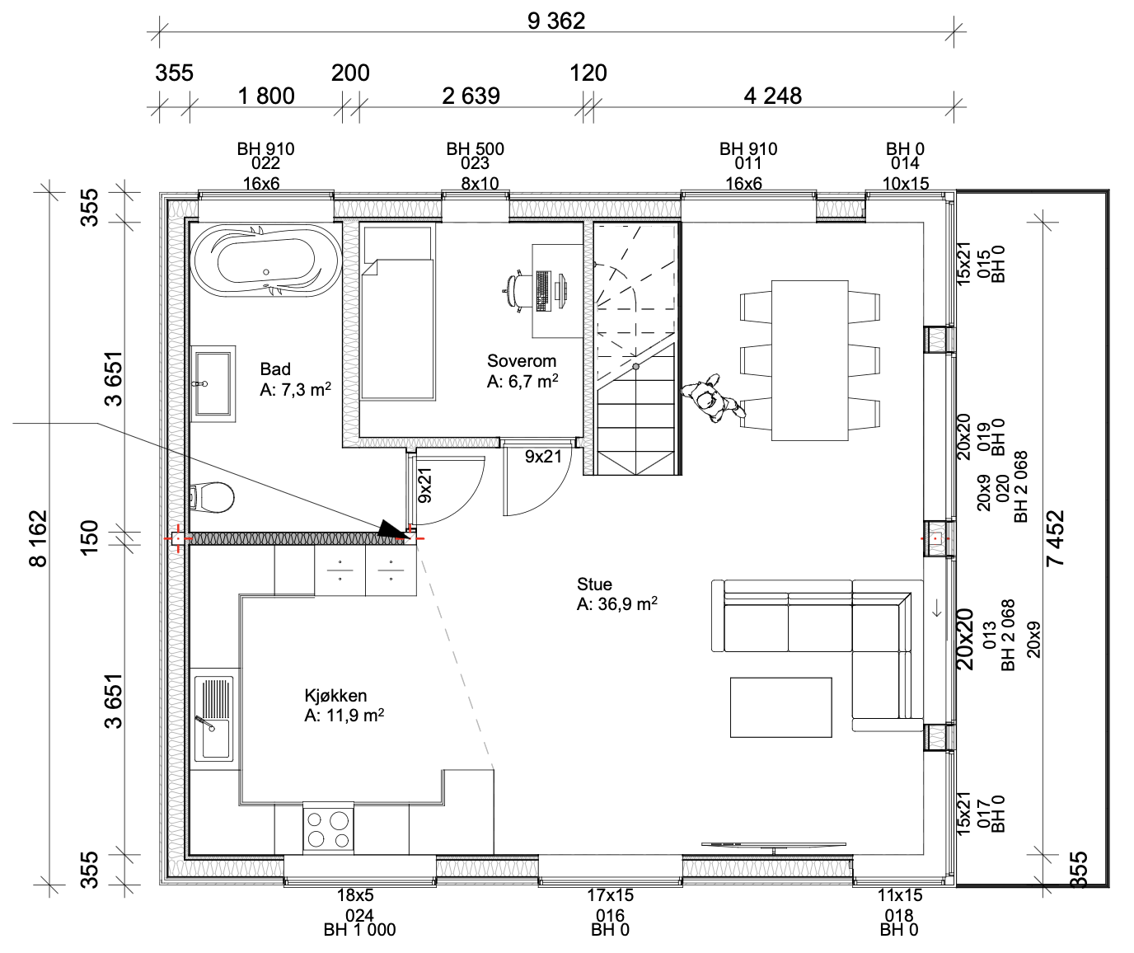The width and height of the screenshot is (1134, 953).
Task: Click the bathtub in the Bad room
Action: coord(265,261)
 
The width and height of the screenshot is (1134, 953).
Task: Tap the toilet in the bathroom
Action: coord(212,497)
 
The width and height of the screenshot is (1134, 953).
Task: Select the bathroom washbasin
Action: coord(213,383)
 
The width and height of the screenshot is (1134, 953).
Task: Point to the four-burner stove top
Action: coord(328,829)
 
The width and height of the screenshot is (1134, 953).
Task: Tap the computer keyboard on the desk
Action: coord(542,291)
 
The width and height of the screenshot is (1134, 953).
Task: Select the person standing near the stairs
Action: coord(712,398)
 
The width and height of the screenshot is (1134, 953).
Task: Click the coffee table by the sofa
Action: coord(780,707)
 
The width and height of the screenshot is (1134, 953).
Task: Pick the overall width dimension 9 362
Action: coord(556,21)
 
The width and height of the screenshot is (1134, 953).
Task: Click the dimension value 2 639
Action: coord(471,96)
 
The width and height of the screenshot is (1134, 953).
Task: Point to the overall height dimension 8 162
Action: coord(38,538)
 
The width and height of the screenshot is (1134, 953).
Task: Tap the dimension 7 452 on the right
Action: coord(1055,538)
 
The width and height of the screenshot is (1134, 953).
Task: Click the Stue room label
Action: coord(594,584)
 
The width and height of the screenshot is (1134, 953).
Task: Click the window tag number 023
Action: coord(475,163)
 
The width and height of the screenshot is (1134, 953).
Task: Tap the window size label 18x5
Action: coord(355,894)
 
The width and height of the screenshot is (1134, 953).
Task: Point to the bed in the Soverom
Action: coord(398,313)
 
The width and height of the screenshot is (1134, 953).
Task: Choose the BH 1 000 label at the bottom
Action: coord(359,930)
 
